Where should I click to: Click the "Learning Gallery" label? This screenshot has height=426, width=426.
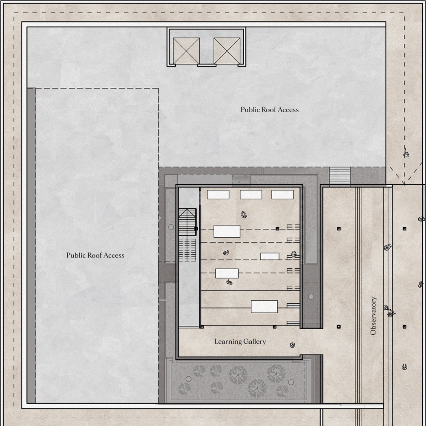click(240, 342)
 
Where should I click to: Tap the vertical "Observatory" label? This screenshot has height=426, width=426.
click(373, 316)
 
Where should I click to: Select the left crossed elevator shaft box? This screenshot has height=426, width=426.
click(187, 51)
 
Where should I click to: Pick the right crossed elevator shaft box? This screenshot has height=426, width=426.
click(227, 51)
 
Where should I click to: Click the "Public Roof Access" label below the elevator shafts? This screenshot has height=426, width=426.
click(270, 109)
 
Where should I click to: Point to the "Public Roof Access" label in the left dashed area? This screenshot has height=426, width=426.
click(95, 255)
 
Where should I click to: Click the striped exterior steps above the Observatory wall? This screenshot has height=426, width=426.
click(340, 176)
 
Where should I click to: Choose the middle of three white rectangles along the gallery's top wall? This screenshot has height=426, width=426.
click(251, 195)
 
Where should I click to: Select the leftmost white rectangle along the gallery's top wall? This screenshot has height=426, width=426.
click(218, 195)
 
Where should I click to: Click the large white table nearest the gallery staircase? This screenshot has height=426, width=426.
click(227, 231)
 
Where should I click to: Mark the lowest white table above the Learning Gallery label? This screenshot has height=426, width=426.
click(264, 306)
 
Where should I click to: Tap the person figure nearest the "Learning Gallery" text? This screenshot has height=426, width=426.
click(292, 345)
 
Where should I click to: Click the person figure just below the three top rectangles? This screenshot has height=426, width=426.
click(244, 215)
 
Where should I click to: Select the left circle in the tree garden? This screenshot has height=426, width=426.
click(189, 379)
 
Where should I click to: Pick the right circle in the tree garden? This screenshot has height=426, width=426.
click(291, 382)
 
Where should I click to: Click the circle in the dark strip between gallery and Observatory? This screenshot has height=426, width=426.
click(311, 296)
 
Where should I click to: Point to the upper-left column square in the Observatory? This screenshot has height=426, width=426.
click(339, 229)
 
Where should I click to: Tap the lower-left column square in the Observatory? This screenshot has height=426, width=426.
click(339, 327)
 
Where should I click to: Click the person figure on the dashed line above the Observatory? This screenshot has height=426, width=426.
click(406, 153)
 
